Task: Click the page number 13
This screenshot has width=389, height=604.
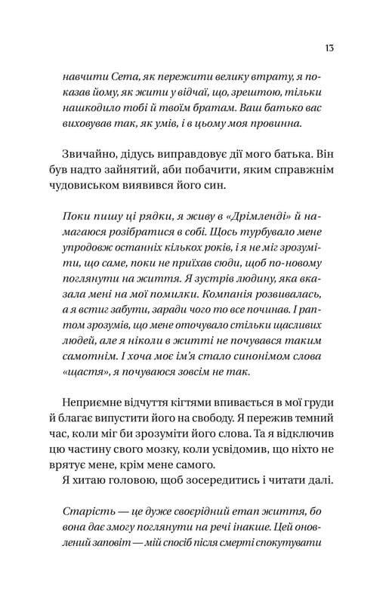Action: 330,48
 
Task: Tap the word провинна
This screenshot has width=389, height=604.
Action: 276,122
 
